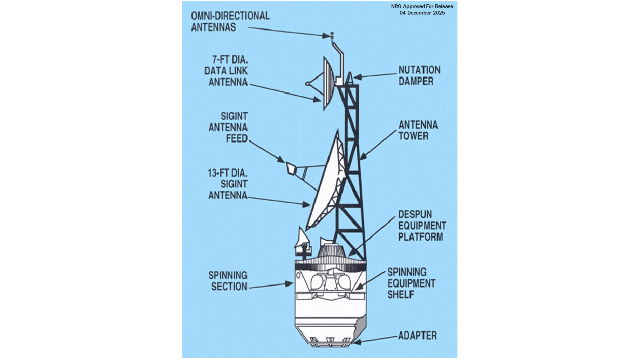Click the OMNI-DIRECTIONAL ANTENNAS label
[230, 21]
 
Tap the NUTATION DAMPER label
[419, 75]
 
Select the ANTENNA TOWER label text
[418, 130]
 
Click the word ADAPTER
[417, 335]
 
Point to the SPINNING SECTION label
[228, 281]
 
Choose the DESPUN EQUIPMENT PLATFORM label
[422, 225]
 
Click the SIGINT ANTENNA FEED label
[228, 127]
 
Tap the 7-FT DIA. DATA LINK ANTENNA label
[226, 71]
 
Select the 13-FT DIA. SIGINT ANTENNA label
[228, 184]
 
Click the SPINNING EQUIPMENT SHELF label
[411, 283]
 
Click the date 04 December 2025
[422, 13]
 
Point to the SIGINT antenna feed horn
[290, 168]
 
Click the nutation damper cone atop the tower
[350, 78]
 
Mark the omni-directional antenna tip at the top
[332, 35]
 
